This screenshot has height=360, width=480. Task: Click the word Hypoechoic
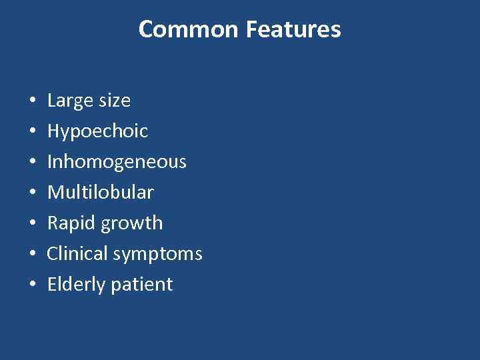(97, 131)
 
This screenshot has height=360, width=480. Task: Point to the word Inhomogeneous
(117, 162)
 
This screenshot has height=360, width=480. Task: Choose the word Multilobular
(100, 193)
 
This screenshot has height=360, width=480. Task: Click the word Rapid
(72, 223)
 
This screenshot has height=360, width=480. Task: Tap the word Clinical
(77, 254)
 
